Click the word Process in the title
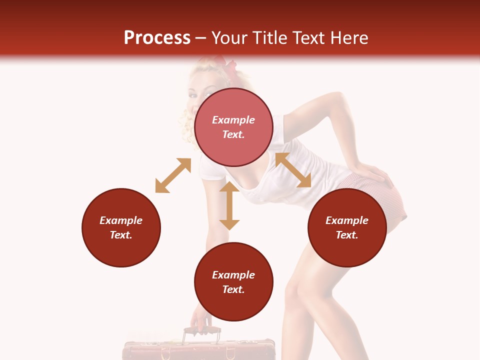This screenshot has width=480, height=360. pyautogui.click(x=157, y=38)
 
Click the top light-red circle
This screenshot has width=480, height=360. pyautogui.click(x=233, y=127)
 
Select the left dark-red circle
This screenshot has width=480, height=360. pyautogui.click(x=121, y=227)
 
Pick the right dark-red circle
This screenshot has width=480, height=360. pyautogui.click(x=347, y=227)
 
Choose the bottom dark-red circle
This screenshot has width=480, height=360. pyautogui.click(x=233, y=282)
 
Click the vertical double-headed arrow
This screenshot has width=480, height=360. pyautogui.click(x=229, y=205)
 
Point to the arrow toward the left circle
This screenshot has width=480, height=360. pyautogui.click(x=173, y=175)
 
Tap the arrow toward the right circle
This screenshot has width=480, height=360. pyautogui.click(x=293, y=170)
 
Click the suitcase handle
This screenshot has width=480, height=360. pyautogui.click(x=202, y=331)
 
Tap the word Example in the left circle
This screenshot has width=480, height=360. pyautogui.click(x=121, y=220)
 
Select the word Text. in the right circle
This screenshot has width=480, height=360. pyautogui.click(x=347, y=235)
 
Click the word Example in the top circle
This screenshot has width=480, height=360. pyautogui.click(x=233, y=120)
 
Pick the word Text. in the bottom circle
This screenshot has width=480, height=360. pyautogui.click(x=233, y=289)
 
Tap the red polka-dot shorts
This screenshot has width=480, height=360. pyautogui.click(x=385, y=200)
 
